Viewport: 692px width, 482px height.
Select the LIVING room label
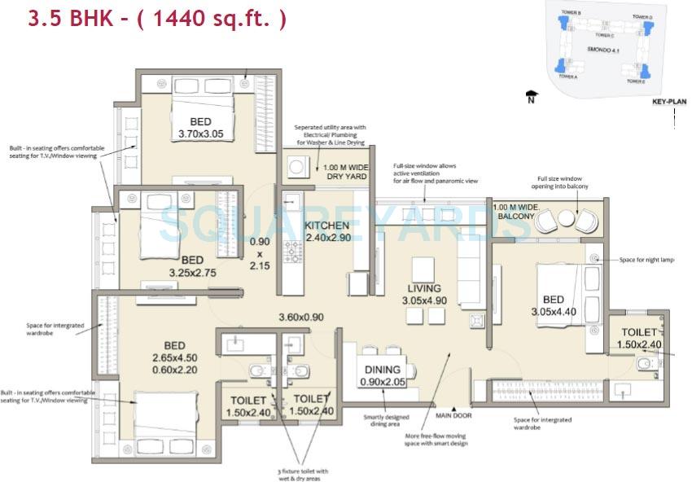424,288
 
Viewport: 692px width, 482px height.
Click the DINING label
377,369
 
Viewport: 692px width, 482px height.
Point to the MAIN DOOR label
453,415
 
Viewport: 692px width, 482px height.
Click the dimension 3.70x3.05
200,134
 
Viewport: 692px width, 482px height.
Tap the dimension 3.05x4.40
553,310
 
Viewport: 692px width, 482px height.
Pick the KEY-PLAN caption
669,102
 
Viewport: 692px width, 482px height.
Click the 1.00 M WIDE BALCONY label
514,212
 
